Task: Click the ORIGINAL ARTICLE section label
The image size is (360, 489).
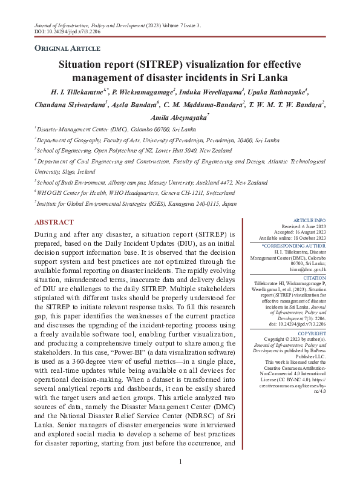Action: tap(67, 48)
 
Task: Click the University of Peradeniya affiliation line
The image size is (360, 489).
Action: tap(157, 140)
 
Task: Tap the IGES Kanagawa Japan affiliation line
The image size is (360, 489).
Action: tap(136, 204)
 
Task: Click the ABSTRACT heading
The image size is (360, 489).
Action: tap(54, 223)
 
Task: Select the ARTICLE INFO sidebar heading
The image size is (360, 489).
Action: tap(309, 220)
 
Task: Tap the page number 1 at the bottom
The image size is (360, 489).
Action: tap(180, 462)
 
